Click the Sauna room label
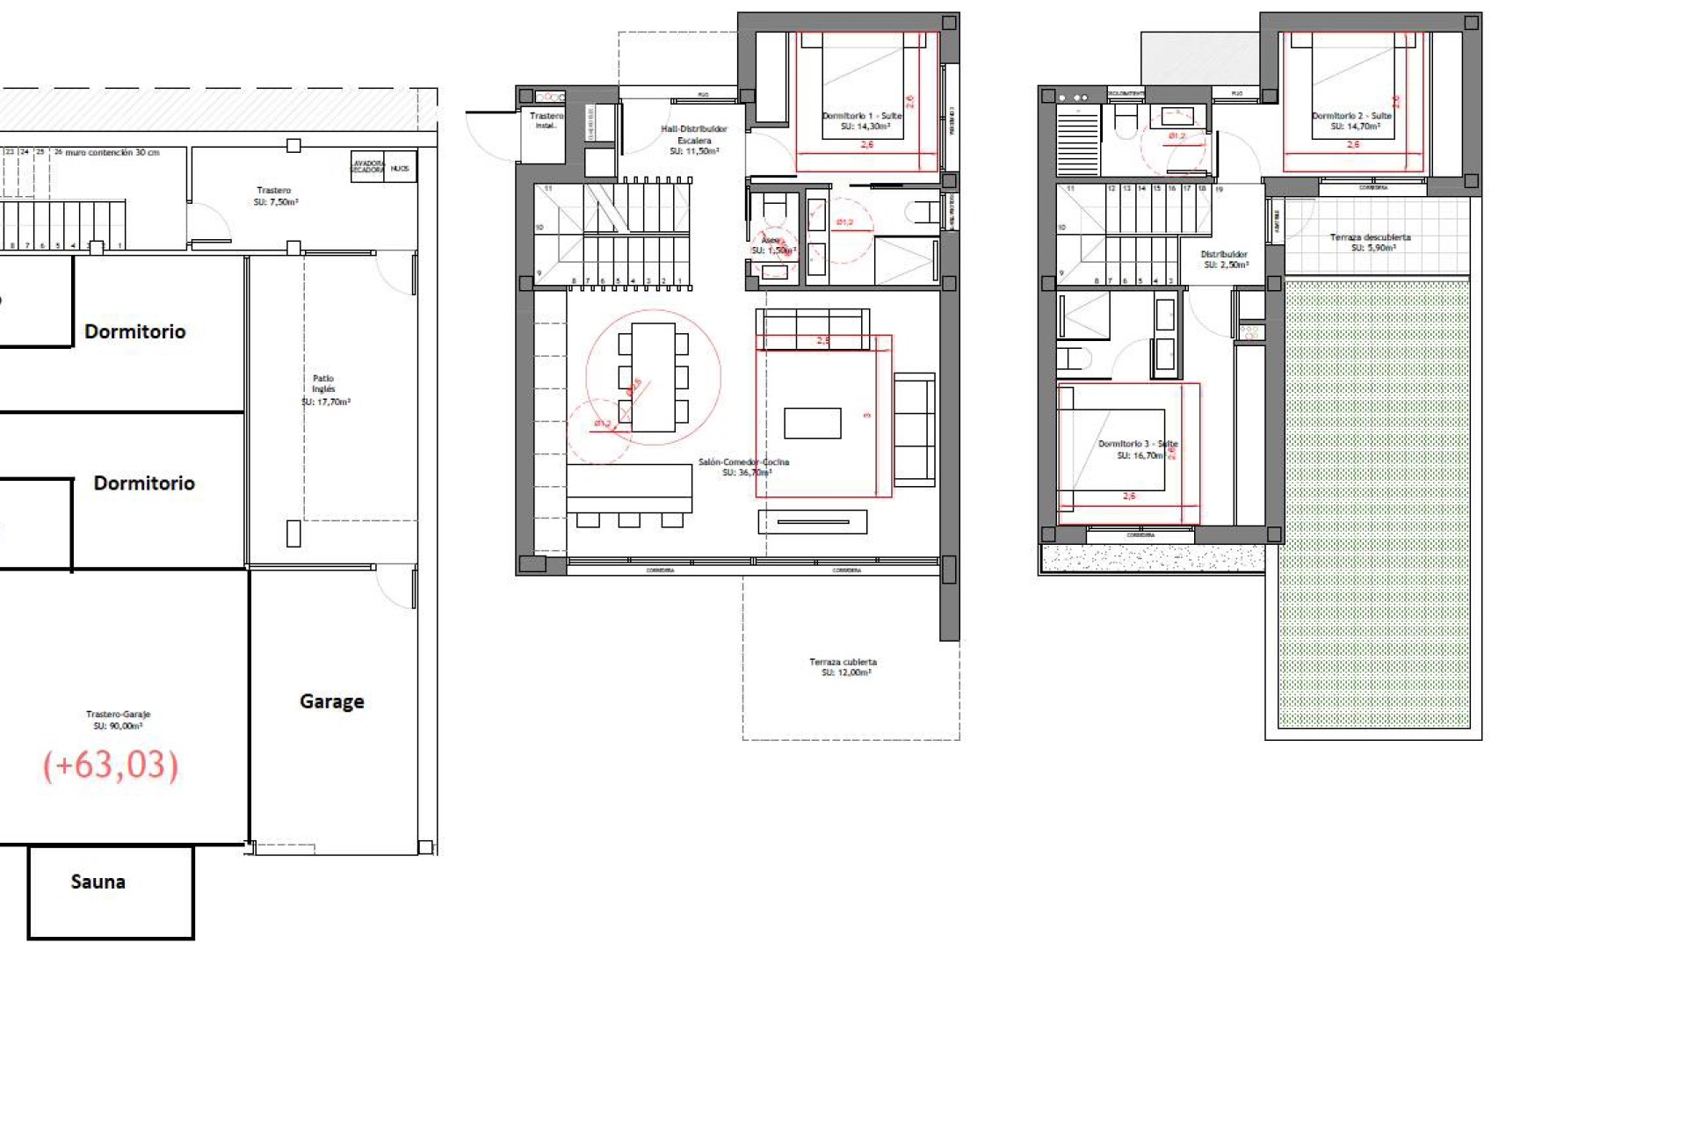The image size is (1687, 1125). click(x=98, y=882)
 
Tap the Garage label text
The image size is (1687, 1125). click(x=331, y=701)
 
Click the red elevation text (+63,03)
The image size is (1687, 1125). click(x=111, y=765)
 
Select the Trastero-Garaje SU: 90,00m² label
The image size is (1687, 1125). click(x=118, y=720)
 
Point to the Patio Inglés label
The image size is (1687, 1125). click(x=324, y=389)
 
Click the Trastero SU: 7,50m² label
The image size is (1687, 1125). click(x=275, y=196)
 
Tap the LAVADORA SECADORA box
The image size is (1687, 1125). click(x=367, y=167)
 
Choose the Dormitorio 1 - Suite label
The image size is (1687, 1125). click(x=863, y=120)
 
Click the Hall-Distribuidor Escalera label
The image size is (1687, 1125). click(x=694, y=140)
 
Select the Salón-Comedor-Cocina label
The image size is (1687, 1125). click(x=744, y=467)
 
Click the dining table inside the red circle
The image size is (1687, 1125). click(x=653, y=377)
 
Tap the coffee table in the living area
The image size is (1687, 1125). click(x=812, y=423)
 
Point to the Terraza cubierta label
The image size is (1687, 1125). click(x=843, y=667)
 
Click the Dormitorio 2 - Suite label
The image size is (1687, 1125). click(x=1352, y=120)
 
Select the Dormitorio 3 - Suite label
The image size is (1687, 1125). click(x=1138, y=449)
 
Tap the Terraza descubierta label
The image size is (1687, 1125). click(x=1370, y=243)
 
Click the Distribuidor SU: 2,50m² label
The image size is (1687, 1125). click(x=1224, y=259)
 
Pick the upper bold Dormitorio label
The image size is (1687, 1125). click(x=135, y=331)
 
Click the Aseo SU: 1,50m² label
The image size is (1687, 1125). click(x=771, y=245)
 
